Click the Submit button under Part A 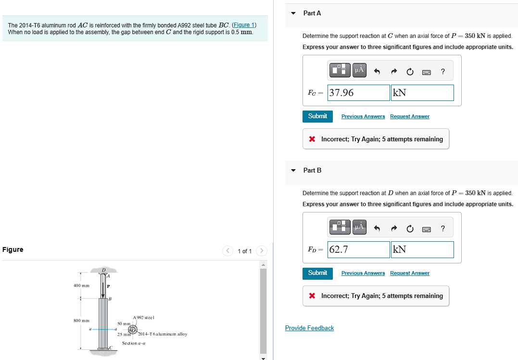[317, 116]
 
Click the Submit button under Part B [317, 273]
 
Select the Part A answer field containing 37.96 [358, 93]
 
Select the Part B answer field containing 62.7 [358, 249]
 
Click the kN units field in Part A [422, 93]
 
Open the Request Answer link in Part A [409, 117]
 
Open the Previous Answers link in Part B [363, 273]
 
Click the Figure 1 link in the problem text [244, 25]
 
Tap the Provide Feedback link [309, 328]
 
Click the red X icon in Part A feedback [312, 139]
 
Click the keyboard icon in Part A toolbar [426, 72]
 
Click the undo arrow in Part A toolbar [378, 72]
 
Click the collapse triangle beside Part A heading [293, 13]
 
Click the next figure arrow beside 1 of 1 [261, 251]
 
